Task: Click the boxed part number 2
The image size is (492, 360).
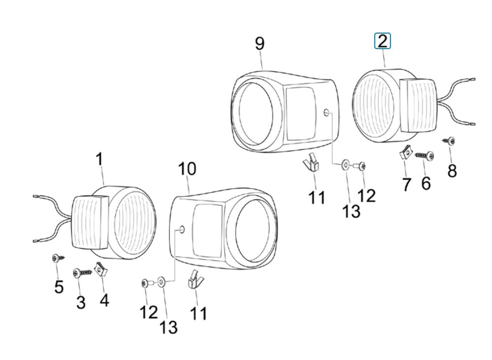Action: coord(382,41)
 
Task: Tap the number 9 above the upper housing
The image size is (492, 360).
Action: coord(259,43)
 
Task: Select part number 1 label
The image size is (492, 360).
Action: coord(99,159)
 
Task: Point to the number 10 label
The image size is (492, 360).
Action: coord(187,169)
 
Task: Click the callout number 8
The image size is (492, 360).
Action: coord(452,171)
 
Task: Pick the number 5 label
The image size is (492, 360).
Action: coord(59,287)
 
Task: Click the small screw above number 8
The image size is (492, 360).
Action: coord(449,141)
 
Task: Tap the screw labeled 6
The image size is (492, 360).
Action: coord(425,155)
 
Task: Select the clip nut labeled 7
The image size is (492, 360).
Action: coord(406,152)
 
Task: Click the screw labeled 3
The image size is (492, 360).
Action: coord(83,273)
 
